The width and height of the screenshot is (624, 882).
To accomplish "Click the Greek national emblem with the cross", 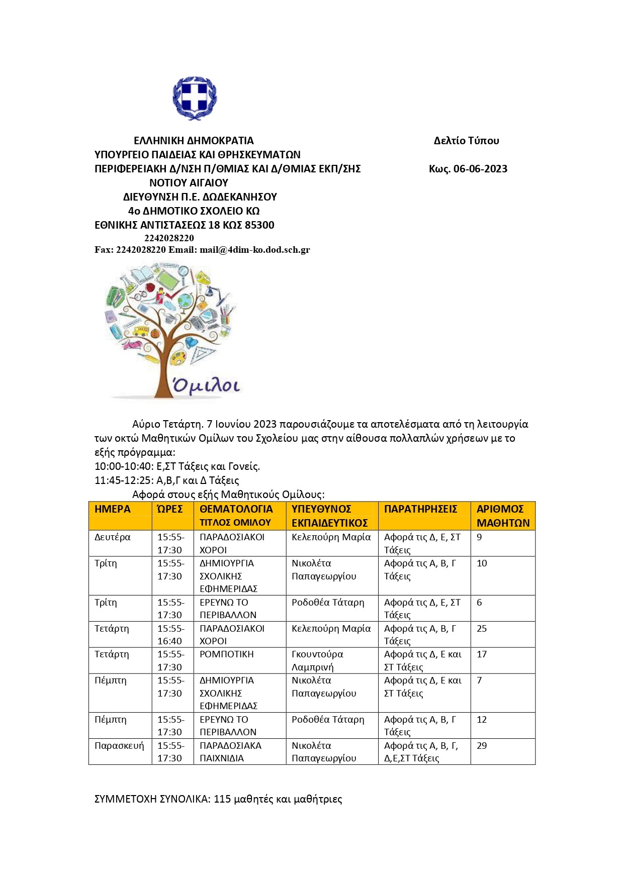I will coord(195,97).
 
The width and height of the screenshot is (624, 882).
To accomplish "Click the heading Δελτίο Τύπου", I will coord(466,141).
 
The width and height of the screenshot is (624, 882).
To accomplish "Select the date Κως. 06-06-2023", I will coord(468,169).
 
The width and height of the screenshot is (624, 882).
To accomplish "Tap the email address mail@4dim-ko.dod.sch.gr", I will coord(254,250).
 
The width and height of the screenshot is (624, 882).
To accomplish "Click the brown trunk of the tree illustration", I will coord(163,369).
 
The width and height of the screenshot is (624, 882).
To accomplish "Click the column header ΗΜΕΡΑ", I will coord(112,509).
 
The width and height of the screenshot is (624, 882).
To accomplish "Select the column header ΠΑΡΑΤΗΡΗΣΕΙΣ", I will coord(420,509).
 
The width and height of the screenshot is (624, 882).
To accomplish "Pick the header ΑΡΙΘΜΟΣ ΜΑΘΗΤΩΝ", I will coord(503,516).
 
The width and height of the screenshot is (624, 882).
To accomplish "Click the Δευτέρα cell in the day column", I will coord(112,537).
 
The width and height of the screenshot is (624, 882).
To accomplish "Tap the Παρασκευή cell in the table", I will coord(119,746).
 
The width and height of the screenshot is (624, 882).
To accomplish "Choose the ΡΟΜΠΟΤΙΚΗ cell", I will coord(226,654).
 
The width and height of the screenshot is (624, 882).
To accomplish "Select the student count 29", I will coord(482,746).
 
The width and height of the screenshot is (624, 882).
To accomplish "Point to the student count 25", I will coord(482,629).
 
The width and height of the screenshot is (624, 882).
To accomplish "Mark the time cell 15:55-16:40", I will coord(170,635).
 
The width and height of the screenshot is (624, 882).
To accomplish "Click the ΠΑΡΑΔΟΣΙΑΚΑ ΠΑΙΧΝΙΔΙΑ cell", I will coord(230,752).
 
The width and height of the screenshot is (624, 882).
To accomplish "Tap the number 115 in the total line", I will coord(222,799).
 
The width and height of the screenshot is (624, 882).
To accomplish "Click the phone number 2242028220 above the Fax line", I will coord(169,238).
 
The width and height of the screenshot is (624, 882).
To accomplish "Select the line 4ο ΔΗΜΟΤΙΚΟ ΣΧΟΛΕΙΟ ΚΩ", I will coord(194,211).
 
